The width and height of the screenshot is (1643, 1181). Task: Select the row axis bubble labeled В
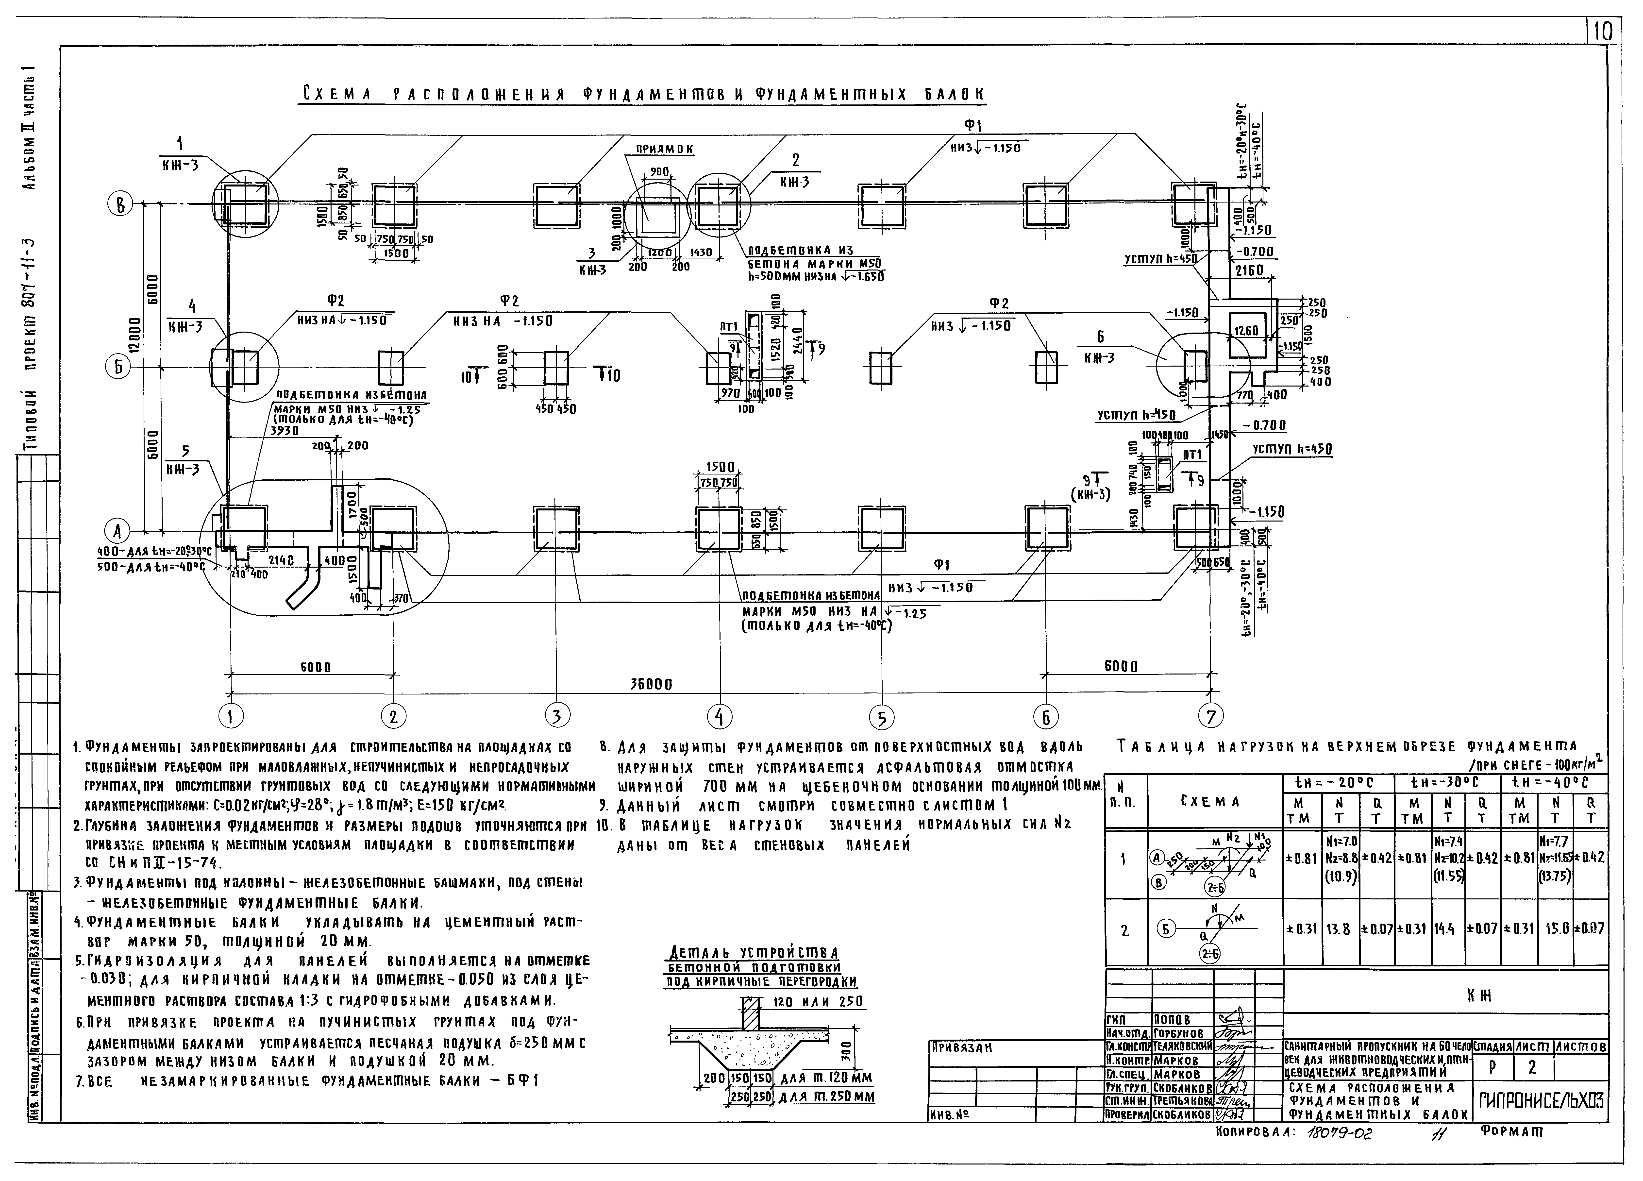click(120, 206)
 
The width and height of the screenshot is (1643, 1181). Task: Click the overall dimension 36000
click(647, 684)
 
